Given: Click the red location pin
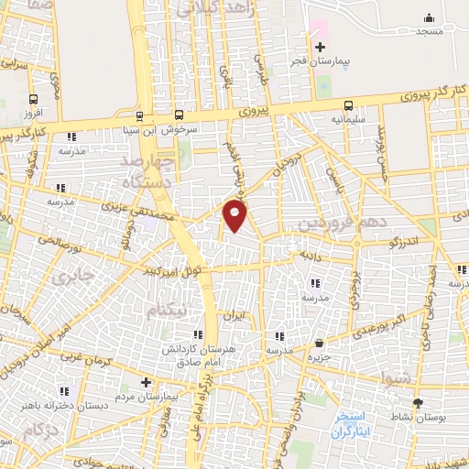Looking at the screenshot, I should coord(235,216).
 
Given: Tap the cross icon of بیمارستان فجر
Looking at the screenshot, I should coord(319,48).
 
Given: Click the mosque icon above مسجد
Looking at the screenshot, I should coord(429,17).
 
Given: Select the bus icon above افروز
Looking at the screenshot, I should coord(34,100).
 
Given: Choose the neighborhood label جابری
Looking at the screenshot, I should coord(72,276).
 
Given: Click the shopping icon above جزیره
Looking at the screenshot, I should coord(318,344).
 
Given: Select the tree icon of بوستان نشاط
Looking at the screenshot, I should coord(419,402).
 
